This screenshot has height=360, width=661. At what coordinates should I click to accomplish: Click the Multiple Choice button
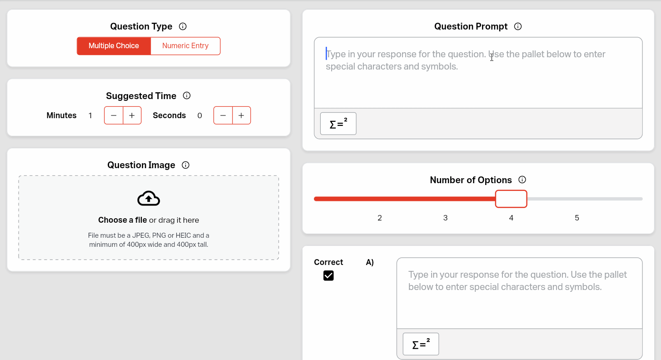(x=114, y=46)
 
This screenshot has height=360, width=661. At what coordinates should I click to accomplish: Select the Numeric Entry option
(x=185, y=46)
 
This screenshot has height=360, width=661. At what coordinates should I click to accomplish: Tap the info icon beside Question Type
(x=183, y=26)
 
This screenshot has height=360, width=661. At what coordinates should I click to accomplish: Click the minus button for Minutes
(x=114, y=115)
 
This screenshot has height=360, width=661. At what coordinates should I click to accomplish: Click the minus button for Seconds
(x=223, y=115)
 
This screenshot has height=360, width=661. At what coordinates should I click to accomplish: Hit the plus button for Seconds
(x=241, y=115)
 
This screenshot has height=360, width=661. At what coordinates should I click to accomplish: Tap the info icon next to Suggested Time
(x=186, y=95)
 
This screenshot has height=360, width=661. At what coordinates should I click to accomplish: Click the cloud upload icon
(x=149, y=199)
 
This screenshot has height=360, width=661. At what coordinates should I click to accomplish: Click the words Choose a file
(x=123, y=220)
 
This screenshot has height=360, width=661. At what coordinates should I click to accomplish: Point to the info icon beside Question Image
(x=185, y=165)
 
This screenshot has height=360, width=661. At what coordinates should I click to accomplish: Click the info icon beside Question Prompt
(x=517, y=26)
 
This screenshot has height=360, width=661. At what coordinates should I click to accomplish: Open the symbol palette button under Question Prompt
(x=338, y=124)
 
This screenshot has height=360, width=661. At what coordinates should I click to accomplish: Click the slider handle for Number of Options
(x=511, y=199)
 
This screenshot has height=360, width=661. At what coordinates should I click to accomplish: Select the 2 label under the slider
(x=380, y=218)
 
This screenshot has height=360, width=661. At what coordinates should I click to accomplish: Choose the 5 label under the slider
(x=577, y=218)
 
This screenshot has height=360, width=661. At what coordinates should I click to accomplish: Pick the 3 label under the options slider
(x=445, y=218)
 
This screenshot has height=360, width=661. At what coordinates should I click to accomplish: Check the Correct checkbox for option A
(x=328, y=275)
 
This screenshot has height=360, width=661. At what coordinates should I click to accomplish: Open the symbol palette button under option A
(x=421, y=344)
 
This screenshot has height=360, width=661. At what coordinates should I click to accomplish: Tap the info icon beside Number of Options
(x=522, y=180)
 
